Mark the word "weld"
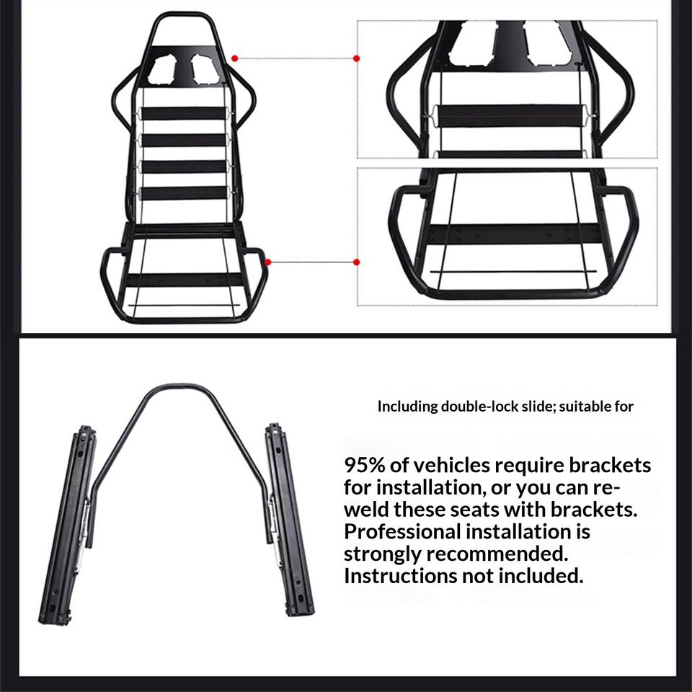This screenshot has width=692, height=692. tap(366, 510)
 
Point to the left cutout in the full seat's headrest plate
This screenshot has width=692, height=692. tap(164, 68)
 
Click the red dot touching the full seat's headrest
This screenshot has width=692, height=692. tap(235, 58)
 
